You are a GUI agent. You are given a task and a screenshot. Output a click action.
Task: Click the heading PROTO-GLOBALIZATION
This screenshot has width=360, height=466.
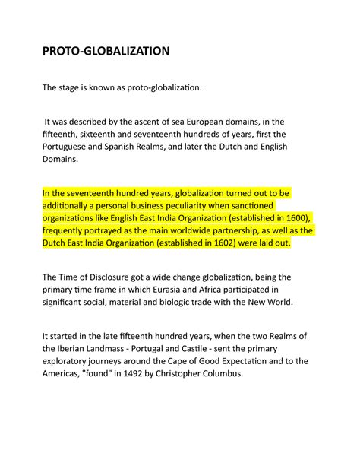pyautogui.click(x=106, y=52)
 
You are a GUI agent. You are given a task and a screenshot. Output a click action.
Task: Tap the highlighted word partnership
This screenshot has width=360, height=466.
pyautogui.click(x=255, y=231)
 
